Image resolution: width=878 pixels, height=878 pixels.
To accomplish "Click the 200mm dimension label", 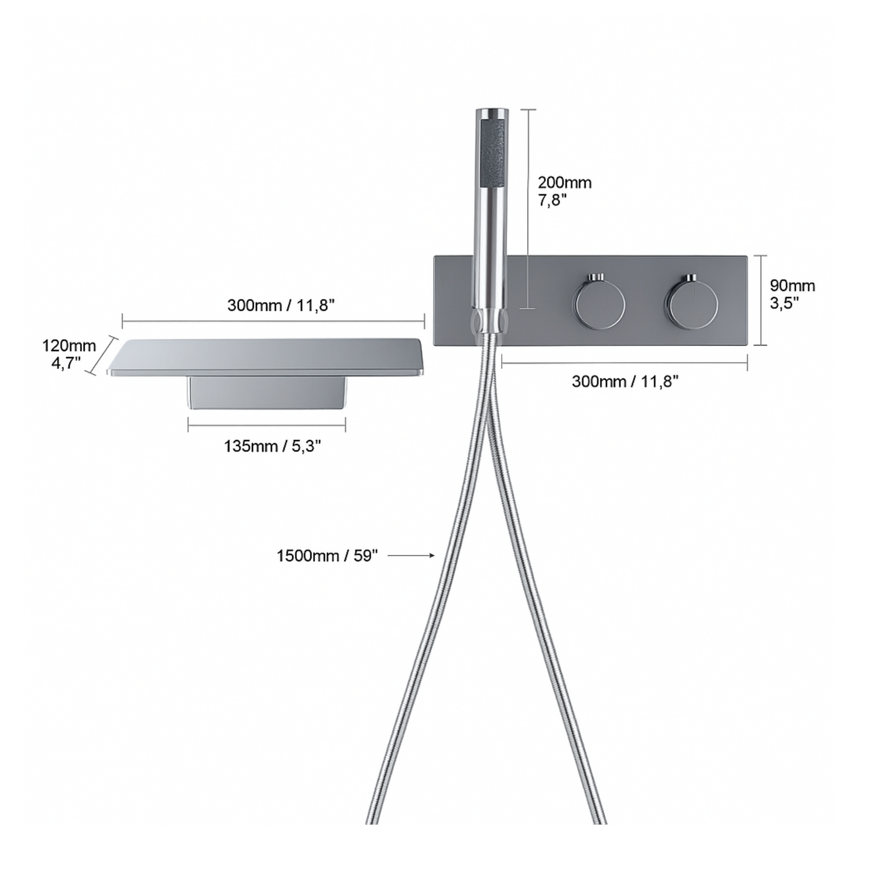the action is pyautogui.click(x=565, y=183).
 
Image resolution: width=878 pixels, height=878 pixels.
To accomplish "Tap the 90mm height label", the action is pyautogui.click(x=792, y=286).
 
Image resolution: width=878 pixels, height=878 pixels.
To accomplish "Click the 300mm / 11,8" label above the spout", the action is pyautogui.click(x=281, y=306).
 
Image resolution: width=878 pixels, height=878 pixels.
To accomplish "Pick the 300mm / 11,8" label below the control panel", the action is pyautogui.click(x=625, y=382).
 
